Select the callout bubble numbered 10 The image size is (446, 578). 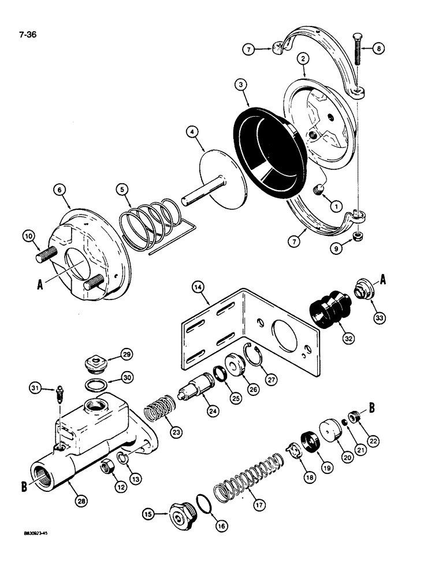[x=29, y=236]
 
